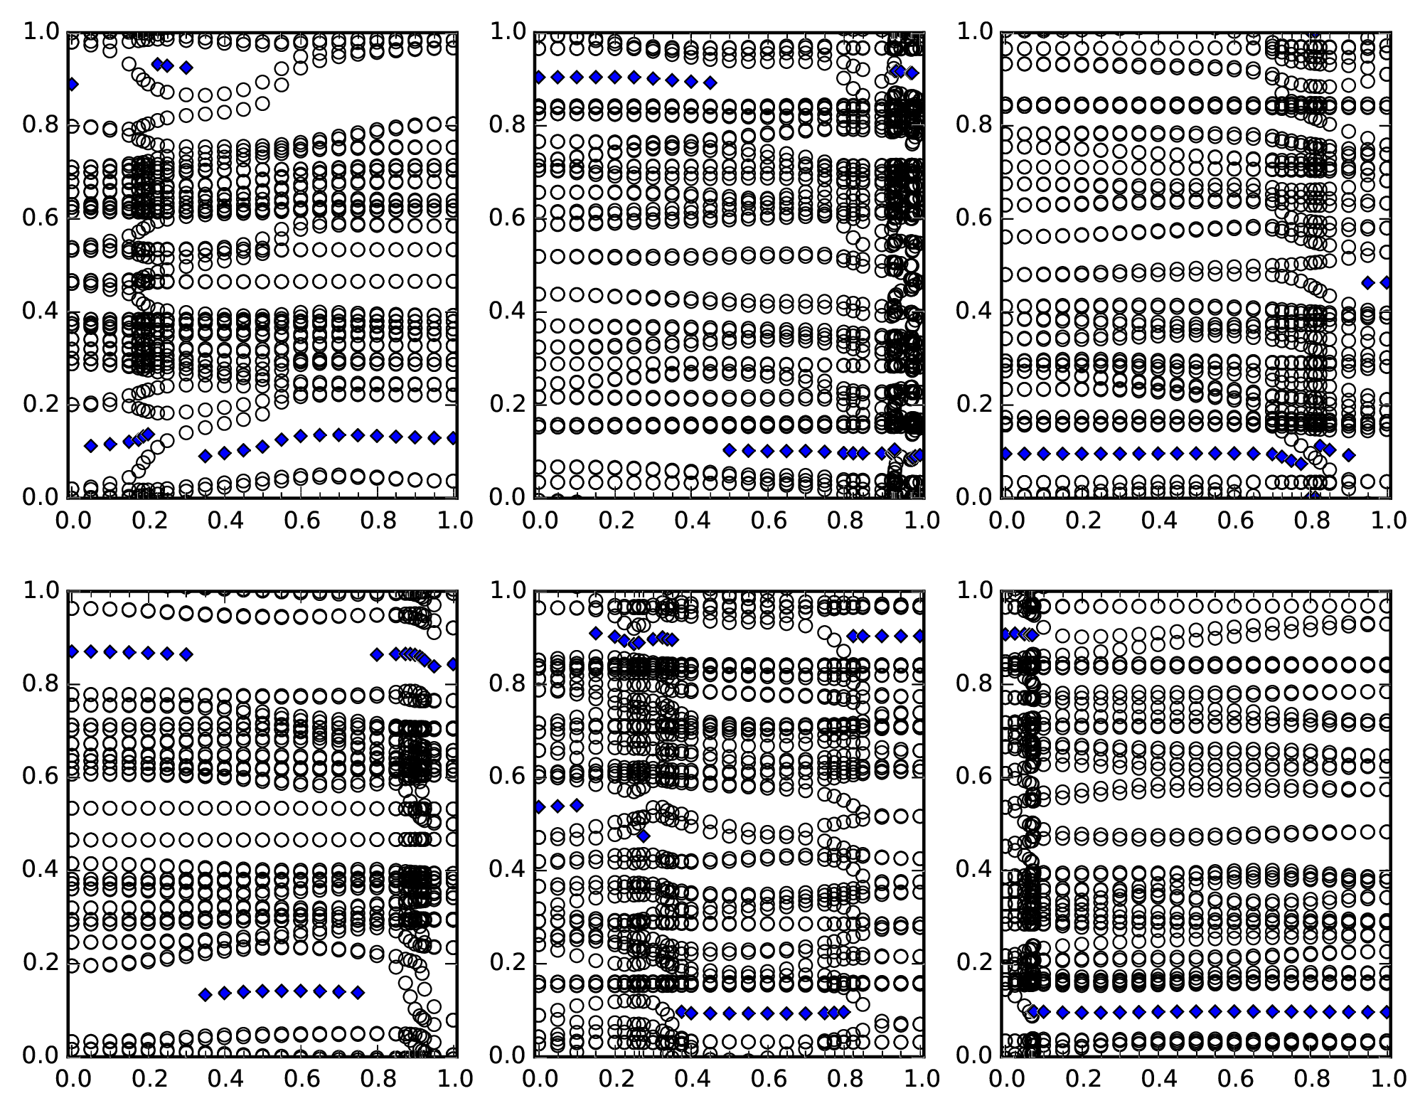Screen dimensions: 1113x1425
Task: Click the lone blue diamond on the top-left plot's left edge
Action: click(x=72, y=85)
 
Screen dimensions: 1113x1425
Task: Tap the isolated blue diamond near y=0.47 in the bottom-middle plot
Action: click(x=643, y=836)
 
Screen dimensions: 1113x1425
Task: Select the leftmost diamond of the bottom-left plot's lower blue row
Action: click(x=206, y=994)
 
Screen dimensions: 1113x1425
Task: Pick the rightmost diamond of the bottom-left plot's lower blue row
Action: click(x=358, y=991)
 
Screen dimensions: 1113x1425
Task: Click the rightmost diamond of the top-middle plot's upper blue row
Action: click(x=710, y=82)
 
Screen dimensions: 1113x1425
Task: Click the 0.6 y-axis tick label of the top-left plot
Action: click(x=41, y=218)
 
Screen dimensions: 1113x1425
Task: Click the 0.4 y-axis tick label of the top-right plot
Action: click(x=974, y=311)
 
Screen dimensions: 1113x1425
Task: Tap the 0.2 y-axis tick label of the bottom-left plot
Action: click(x=41, y=963)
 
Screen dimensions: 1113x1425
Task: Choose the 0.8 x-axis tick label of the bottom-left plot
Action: click(x=378, y=1079)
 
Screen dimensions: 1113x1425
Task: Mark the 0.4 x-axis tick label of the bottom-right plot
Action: click(x=1158, y=1079)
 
